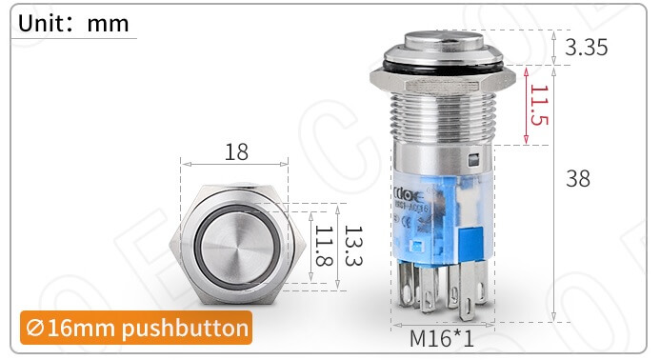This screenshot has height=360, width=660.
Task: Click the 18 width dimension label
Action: [x=236, y=151]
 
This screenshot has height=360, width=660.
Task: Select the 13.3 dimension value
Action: [x=352, y=247]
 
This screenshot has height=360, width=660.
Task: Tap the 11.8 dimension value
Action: [x=324, y=247]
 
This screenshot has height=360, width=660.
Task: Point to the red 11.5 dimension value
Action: [x=539, y=107]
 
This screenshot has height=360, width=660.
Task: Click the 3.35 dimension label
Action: [x=586, y=49]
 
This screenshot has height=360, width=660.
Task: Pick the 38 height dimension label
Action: [x=577, y=178]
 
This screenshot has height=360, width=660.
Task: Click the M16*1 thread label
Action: [x=442, y=339]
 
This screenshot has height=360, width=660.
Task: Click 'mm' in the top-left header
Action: [x=108, y=23]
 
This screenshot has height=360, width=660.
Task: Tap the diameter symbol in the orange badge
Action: [x=36, y=329]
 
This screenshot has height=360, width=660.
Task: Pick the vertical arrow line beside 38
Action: [x=554, y=190]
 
